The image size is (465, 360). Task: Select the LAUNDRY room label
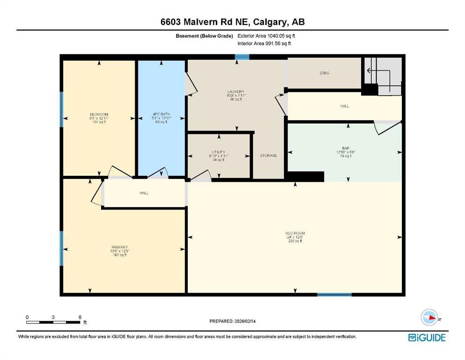[x=236, y=92]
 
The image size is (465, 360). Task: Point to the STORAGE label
[x=268, y=156]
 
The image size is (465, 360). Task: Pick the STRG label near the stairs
[x=325, y=73]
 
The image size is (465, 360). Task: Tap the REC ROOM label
[x=295, y=233]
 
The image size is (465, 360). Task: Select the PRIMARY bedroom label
[x=119, y=247]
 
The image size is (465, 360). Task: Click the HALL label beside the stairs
[x=344, y=106]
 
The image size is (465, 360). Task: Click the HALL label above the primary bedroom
[x=144, y=193]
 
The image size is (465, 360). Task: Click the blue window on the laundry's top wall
[x=242, y=57]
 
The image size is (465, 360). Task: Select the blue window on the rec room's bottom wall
[x=334, y=294]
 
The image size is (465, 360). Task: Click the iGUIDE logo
[x=426, y=337]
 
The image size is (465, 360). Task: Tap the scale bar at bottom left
[x=53, y=322]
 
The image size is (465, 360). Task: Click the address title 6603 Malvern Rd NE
[x=232, y=22]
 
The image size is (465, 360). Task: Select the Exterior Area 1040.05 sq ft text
[x=266, y=36]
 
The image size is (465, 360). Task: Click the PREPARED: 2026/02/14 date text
[x=233, y=321]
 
